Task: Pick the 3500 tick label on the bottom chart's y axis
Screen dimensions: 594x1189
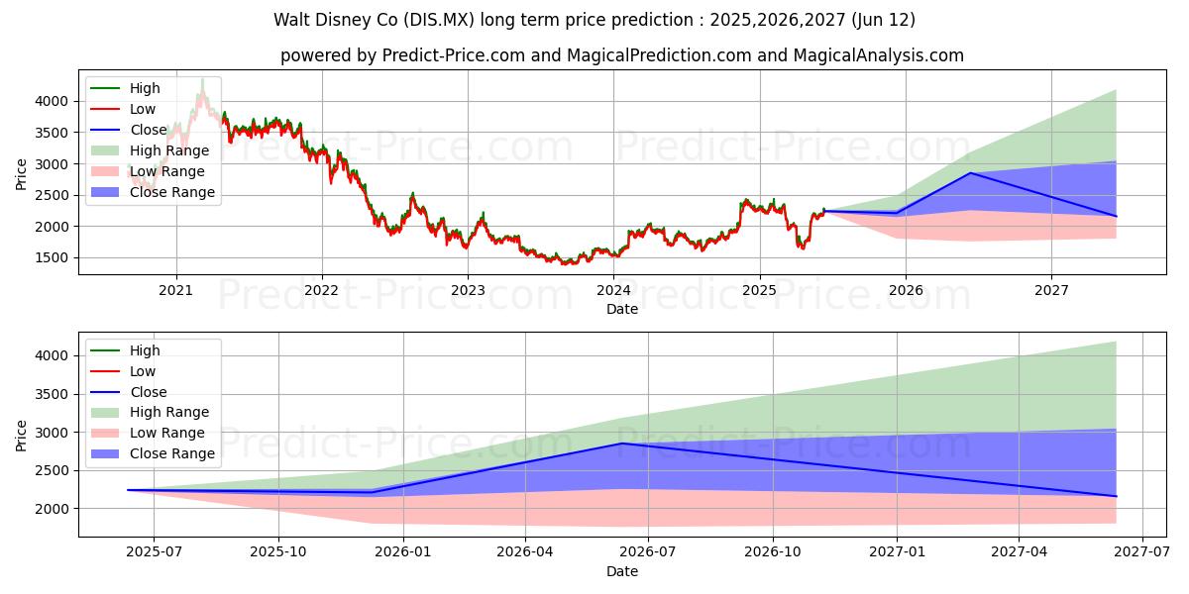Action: tap(54, 394)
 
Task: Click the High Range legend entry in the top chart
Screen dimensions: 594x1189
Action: tap(169, 150)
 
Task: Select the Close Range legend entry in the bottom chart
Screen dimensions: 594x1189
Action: tap(172, 453)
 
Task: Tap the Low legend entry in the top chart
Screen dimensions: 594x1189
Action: tap(143, 109)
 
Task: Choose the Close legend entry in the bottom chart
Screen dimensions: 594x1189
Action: tap(149, 392)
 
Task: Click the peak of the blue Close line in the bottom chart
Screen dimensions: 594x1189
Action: tap(622, 444)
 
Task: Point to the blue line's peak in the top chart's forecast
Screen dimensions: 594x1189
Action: tap(970, 173)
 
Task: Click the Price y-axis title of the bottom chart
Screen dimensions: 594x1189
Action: tap(22, 435)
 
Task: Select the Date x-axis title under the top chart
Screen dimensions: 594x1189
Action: tap(621, 309)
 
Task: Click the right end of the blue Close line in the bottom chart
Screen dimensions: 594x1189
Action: tap(1116, 496)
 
